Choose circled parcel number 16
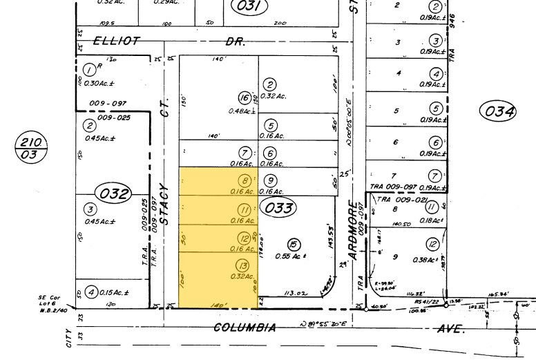point(244,97)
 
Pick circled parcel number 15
point(295,243)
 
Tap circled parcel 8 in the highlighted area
point(242,180)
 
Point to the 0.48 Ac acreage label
point(242,111)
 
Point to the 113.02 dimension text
point(294,292)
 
